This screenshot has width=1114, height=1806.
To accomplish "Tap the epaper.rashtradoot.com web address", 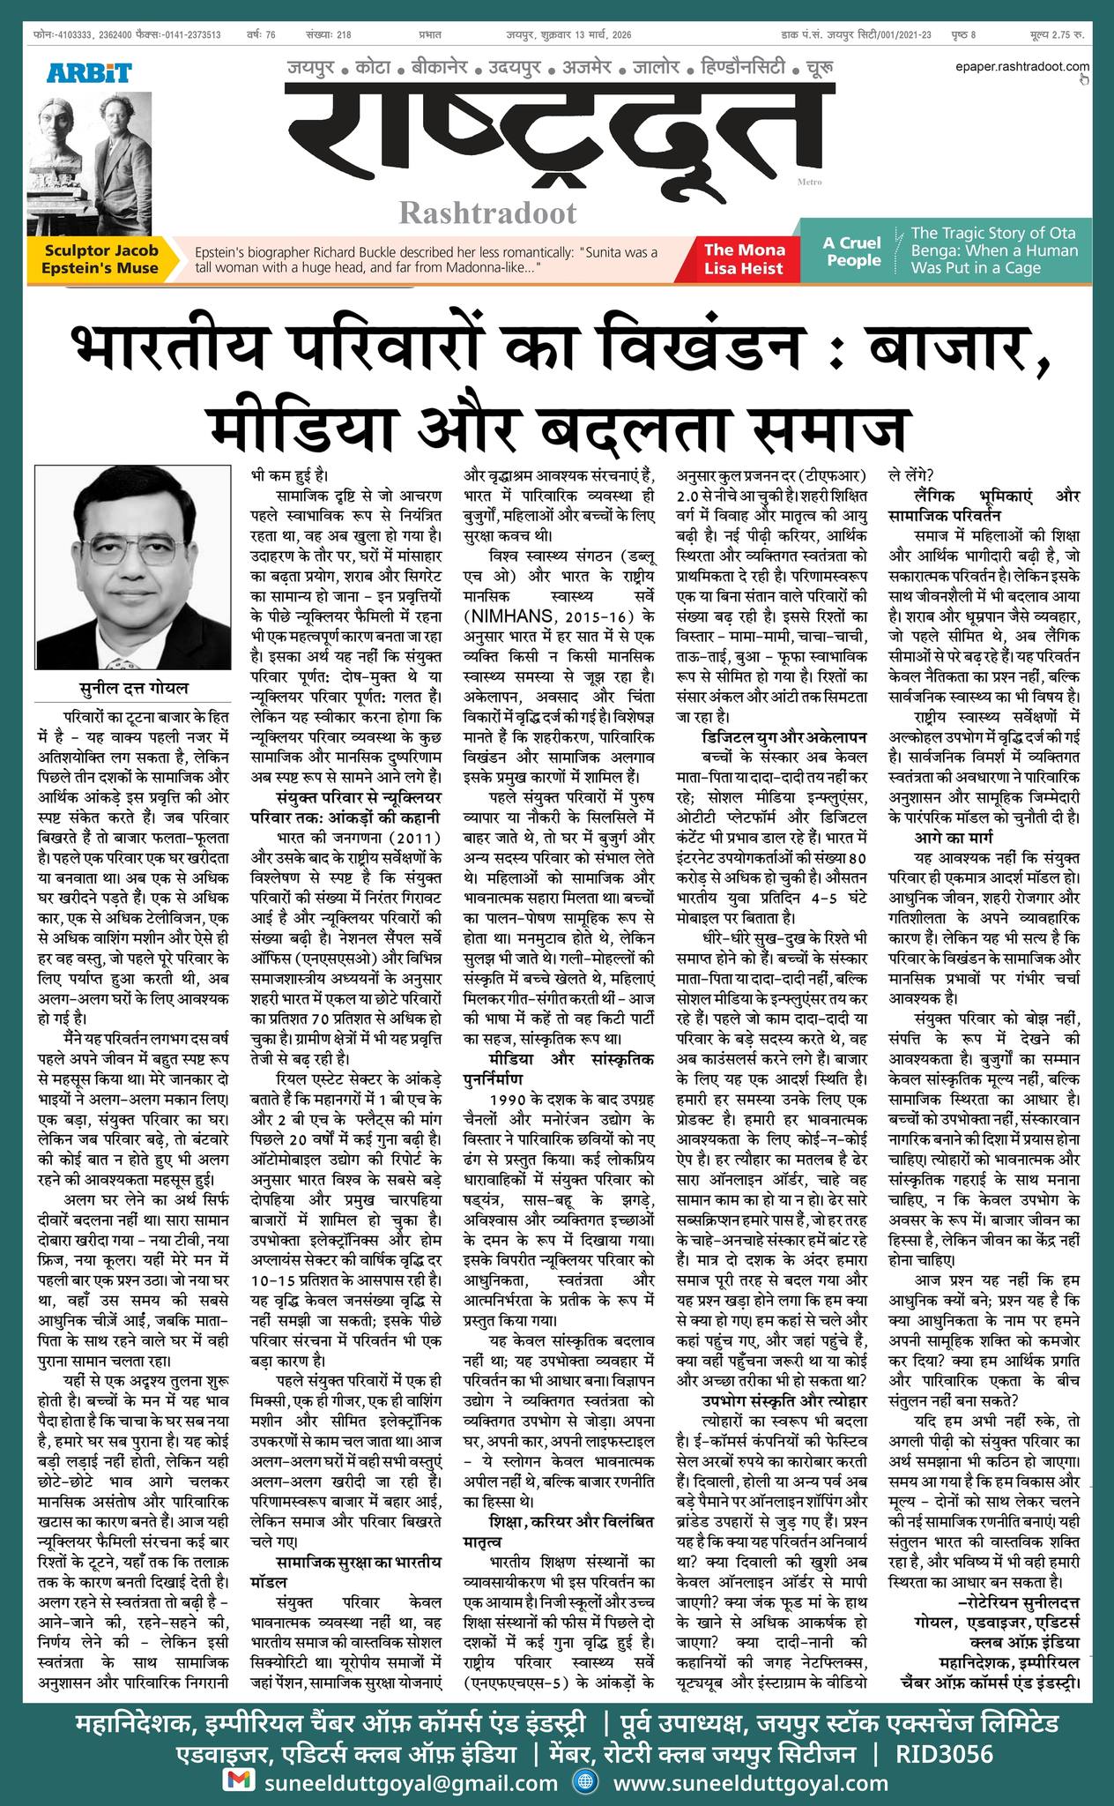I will (x=1021, y=66).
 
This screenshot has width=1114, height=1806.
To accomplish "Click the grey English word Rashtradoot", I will (x=488, y=213).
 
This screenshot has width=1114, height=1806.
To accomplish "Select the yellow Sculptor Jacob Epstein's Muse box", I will (x=101, y=259).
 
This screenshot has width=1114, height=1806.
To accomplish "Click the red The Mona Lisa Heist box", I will (x=744, y=259).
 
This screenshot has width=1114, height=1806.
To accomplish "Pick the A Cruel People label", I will (x=852, y=251).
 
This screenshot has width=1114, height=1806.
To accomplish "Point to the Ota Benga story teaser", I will (x=994, y=250).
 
